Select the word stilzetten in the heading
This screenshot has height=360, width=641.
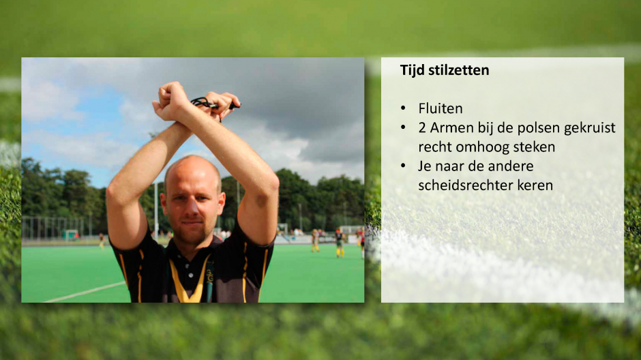tap(458, 70)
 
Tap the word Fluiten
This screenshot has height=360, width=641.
tap(441, 108)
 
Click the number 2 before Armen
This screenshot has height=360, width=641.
tap(422, 128)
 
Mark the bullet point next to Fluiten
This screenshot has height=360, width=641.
tap(404, 108)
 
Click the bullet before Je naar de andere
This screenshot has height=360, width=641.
tap(404, 166)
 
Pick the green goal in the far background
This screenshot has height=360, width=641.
tap(71, 235)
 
